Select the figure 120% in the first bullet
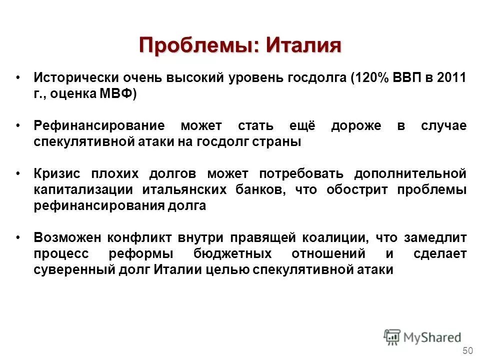pyautogui.click(x=368, y=78)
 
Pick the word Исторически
pyautogui.click(x=73, y=78)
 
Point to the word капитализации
pyautogui.click(x=83, y=190)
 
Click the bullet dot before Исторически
pyautogui.click(x=18, y=78)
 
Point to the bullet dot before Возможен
pyautogui.click(x=18, y=238)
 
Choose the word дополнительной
pyautogui.click(x=410, y=174)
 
